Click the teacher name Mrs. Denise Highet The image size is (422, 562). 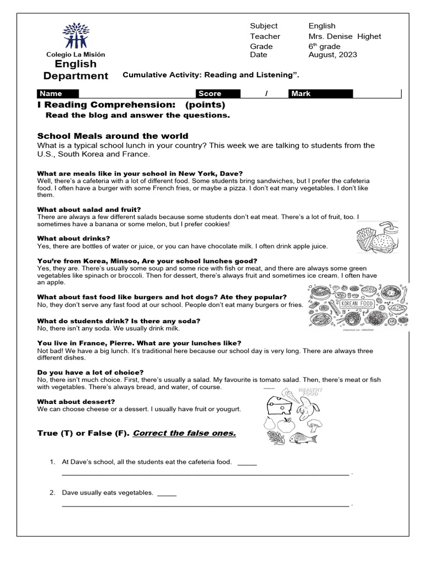344,36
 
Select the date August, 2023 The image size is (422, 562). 332,55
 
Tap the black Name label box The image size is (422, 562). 58,94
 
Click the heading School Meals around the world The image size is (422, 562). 112,136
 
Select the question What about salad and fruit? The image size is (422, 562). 88,210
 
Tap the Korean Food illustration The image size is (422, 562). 357,307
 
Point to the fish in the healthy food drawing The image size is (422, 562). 304,437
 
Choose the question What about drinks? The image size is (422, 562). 73,239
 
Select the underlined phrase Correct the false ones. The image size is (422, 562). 184,434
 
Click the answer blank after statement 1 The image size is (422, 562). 247,463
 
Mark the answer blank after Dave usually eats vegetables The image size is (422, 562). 166,493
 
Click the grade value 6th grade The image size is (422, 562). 324,46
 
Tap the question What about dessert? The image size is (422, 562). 76,402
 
